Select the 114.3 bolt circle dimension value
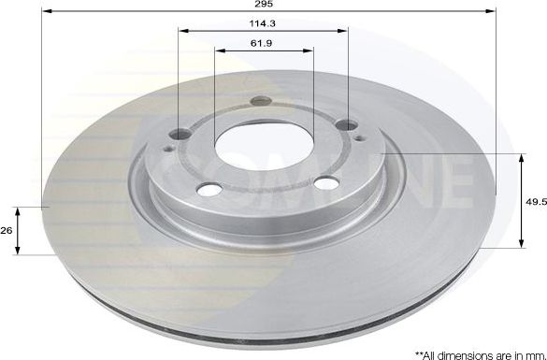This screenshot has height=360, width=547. [262, 22]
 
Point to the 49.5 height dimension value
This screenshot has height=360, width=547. [534, 199]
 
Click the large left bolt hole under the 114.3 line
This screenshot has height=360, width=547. [179, 133]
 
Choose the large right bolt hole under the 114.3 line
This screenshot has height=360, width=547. [347, 125]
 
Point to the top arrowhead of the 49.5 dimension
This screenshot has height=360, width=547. [521, 157]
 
